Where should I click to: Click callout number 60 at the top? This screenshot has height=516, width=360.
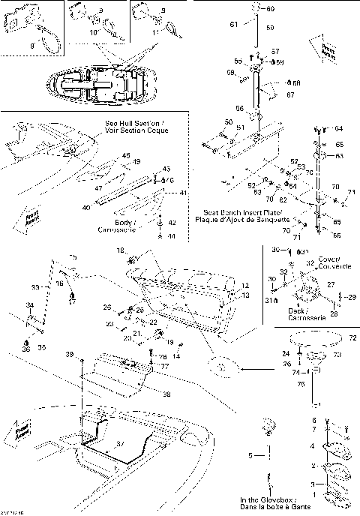coord(271,9)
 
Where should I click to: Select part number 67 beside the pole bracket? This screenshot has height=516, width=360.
coord(292,96)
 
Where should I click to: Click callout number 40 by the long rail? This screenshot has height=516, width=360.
coord(86,207)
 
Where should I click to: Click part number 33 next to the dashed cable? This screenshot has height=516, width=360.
coord(35,286)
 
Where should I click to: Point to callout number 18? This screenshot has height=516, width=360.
coord(120,249)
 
